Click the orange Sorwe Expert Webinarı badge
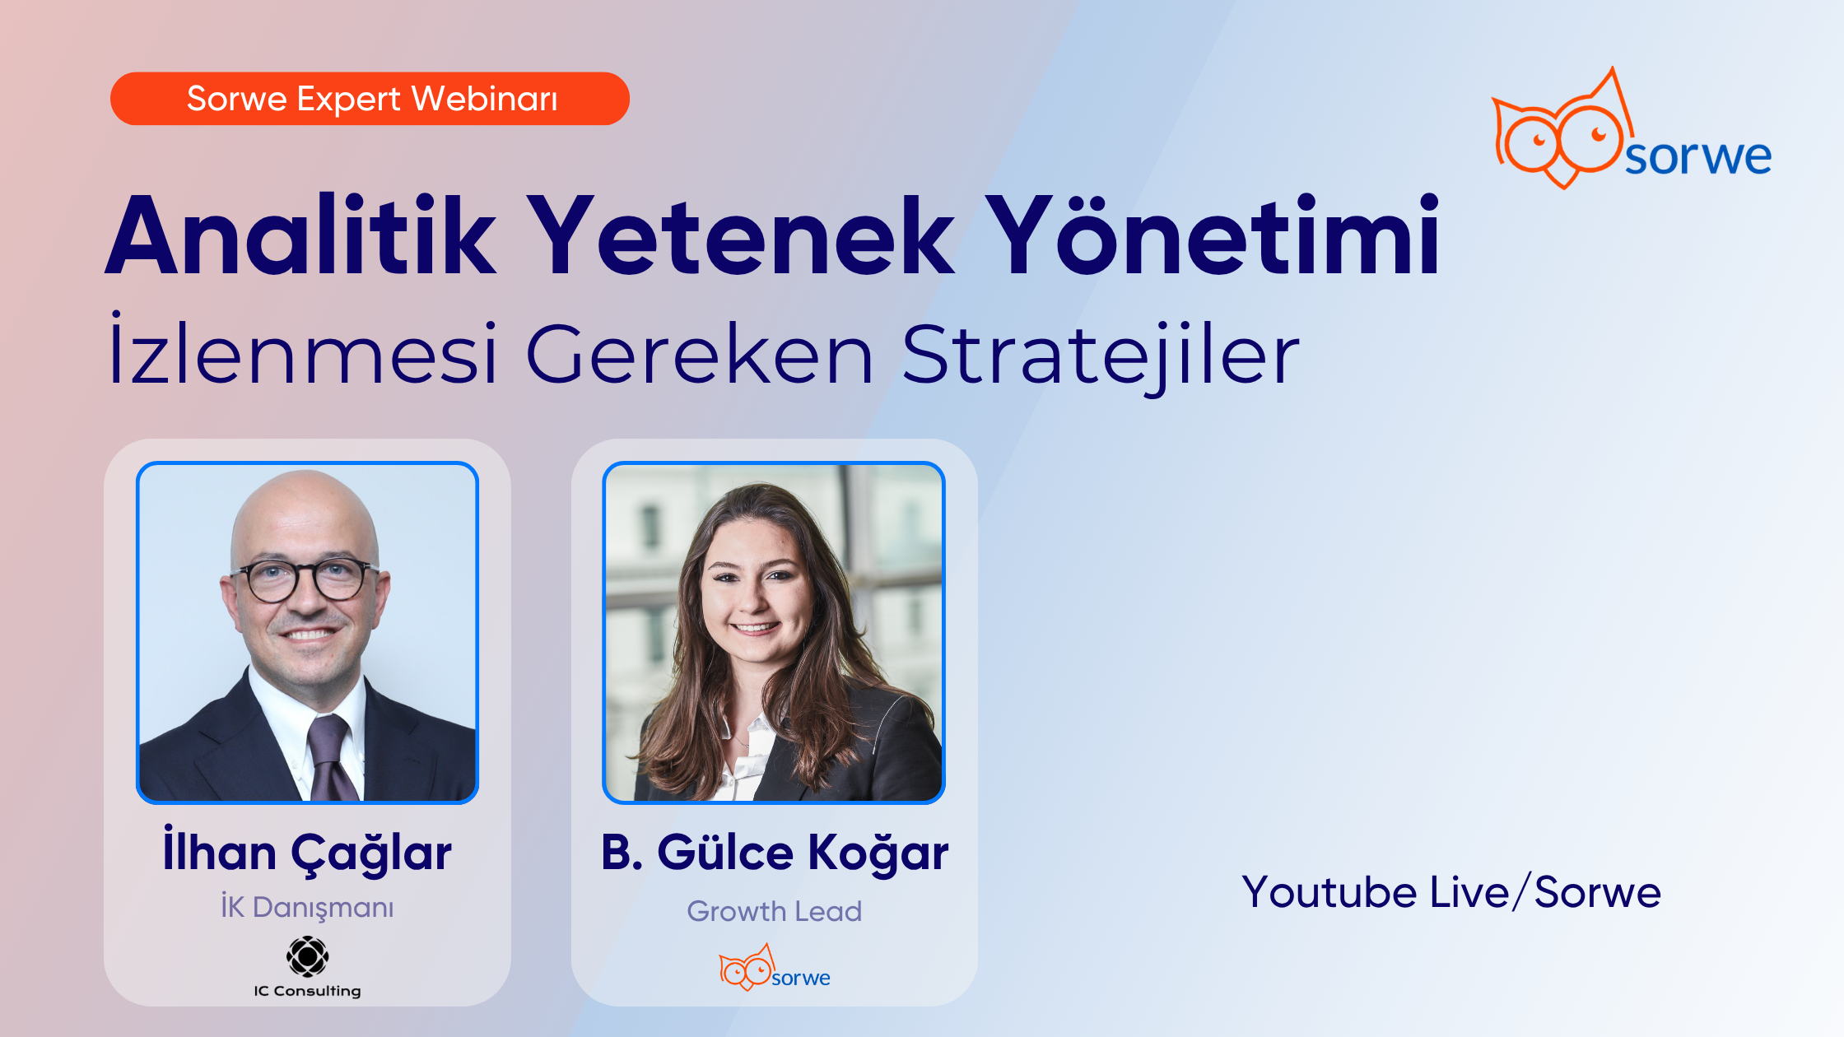tap(370, 99)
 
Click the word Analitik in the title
tap(301, 236)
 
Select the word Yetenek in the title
tap(740, 236)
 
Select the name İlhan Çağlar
tap(307, 852)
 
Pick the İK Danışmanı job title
tap(307, 907)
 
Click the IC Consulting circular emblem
tap(307, 956)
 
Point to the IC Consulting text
tap(307, 991)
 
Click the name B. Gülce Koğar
tap(775, 852)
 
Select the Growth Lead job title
tap(775, 911)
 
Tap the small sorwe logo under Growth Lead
tap(775, 970)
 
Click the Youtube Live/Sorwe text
tap(1451, 892)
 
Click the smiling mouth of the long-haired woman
tap(757, 628)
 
